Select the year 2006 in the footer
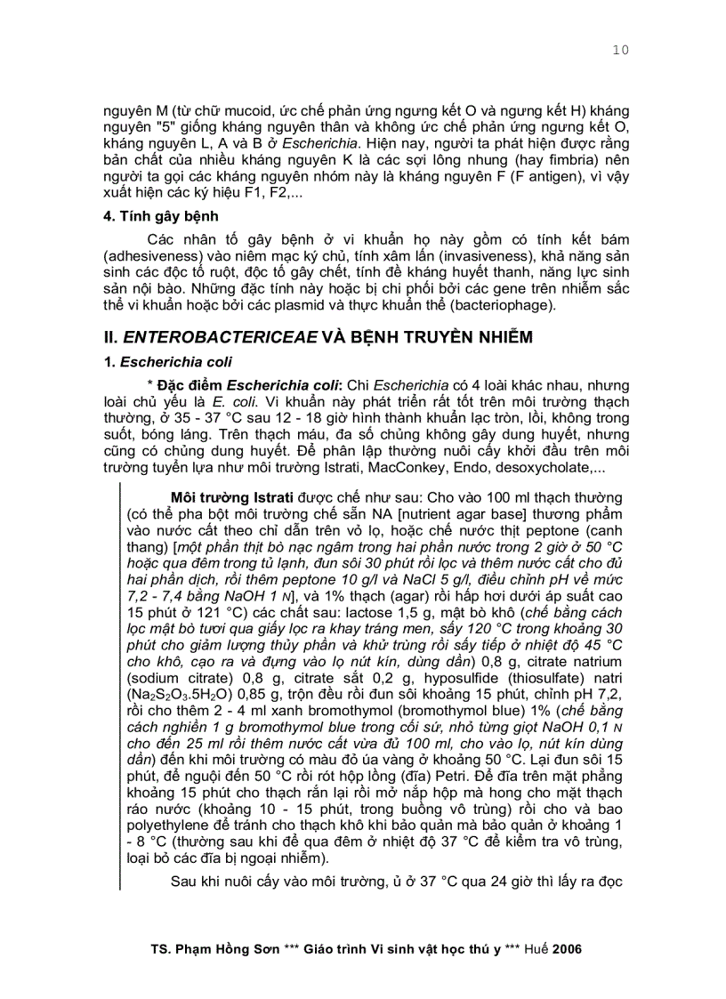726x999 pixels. [x=567, y=949]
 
